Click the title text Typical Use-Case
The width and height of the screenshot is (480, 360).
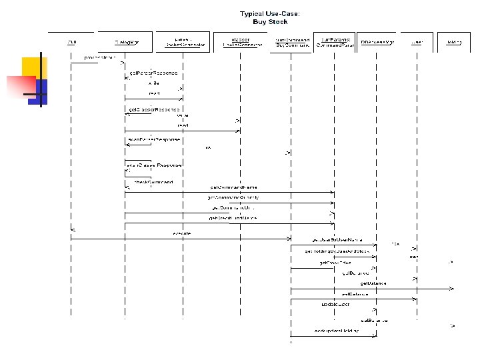(270, 13)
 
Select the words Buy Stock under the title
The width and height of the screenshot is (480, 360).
(270, 22)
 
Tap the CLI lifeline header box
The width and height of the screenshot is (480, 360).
(71, 42)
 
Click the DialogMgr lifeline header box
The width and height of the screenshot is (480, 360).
(125, 42)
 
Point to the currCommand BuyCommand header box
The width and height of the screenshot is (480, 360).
(291, 42)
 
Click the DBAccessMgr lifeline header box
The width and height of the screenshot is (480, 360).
(377, 42)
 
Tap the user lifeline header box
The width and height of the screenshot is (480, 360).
(417, 42)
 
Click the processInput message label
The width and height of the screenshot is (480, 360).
(100, 58)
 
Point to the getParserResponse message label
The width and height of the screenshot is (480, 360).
(153, 72)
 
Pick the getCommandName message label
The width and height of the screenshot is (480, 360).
(233, 187)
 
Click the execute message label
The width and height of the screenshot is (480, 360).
(182, 233)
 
